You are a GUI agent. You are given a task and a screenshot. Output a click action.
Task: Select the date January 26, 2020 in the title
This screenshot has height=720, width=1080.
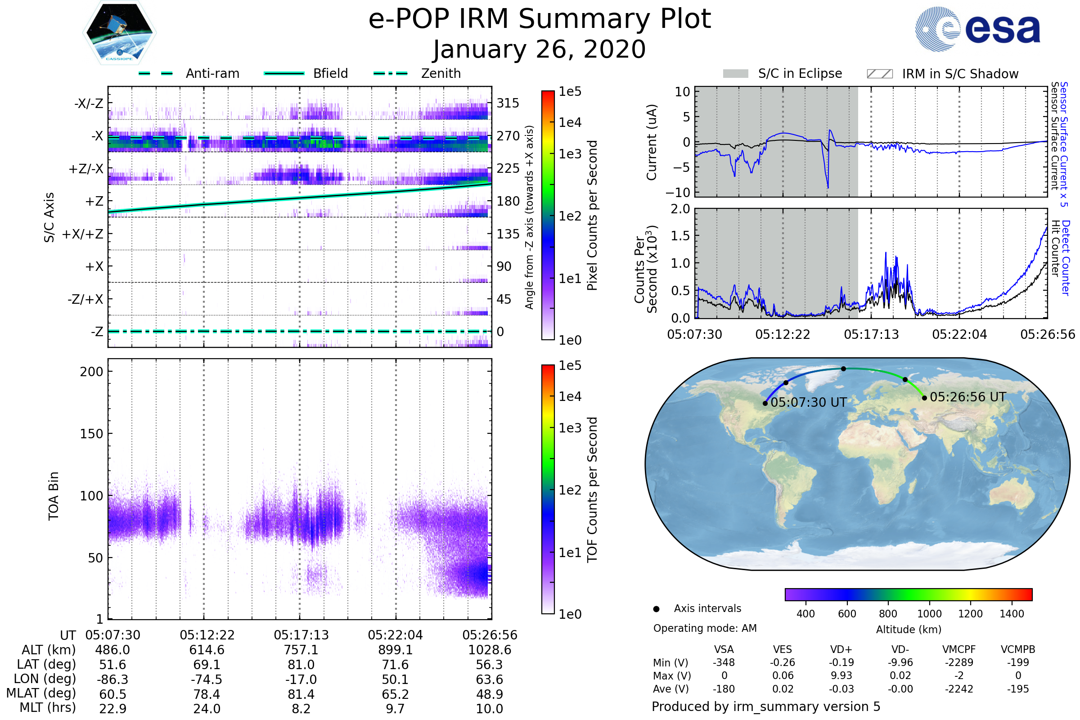[540, 49]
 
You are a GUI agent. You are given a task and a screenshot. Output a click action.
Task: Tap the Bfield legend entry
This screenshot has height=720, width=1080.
[330, 73]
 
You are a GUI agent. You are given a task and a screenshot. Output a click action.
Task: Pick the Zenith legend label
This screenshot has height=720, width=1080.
[441, 73]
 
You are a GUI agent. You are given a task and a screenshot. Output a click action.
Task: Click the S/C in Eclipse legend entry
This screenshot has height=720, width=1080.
[800, 73]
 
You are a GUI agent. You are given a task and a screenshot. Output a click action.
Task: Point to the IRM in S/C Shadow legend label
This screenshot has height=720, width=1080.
[960, 74]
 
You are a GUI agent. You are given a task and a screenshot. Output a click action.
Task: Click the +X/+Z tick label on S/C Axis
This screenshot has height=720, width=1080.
[83, 234]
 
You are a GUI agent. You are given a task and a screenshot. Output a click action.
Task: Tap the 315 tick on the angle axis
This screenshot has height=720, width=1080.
[508, 103]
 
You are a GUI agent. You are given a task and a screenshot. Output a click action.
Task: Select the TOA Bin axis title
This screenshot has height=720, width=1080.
[54, 496]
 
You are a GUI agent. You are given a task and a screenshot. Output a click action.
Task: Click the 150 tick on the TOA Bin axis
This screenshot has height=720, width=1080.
[91, 434]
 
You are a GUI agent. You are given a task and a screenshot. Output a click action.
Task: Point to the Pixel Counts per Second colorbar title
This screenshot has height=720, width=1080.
[592, 216]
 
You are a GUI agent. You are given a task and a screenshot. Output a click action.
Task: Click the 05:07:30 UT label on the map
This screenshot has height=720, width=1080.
[808, 403]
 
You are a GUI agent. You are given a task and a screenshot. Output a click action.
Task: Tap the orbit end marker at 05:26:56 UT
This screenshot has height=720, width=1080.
[924, 398]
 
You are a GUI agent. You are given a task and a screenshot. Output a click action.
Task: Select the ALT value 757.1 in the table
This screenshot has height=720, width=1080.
[301, 650]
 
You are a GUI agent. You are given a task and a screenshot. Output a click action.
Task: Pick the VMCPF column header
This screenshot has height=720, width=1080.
[959, 650]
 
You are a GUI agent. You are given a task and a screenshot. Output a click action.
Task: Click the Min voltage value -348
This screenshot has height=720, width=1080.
[724, 662]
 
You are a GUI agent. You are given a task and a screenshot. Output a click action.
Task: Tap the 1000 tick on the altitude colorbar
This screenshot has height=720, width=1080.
[929, 614]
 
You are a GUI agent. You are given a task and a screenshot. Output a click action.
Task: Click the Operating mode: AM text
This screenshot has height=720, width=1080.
[705, 628]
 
